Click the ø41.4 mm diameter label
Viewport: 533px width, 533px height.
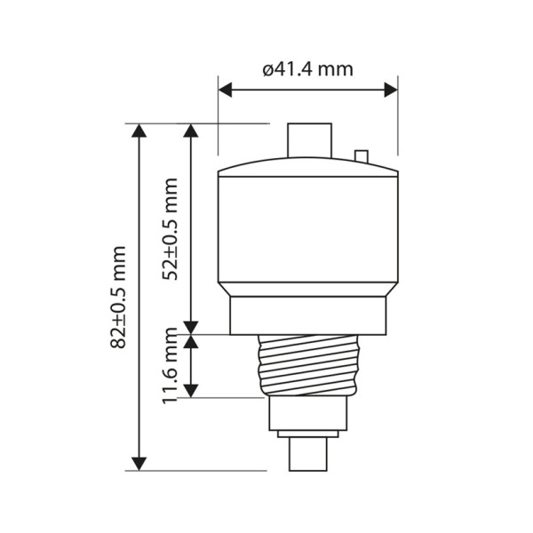click(x=308, y=69)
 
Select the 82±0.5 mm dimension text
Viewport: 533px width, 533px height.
click(x=118, y=297)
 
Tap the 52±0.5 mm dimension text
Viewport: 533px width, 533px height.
click(x=170, y=229)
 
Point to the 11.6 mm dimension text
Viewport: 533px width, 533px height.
click(x=170, y=366)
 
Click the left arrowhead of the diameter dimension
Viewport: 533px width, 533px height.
click(x=225, y=90)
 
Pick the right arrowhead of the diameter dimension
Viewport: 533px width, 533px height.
click(x=391, y=90)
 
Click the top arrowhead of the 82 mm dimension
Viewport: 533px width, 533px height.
click(x=139, y=131)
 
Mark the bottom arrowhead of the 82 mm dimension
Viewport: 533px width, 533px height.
click(x=139, y=464)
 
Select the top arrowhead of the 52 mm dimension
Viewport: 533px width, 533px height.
click(x=191, y=131)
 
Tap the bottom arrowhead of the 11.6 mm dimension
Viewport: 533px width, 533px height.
click(x=191, y=391)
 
